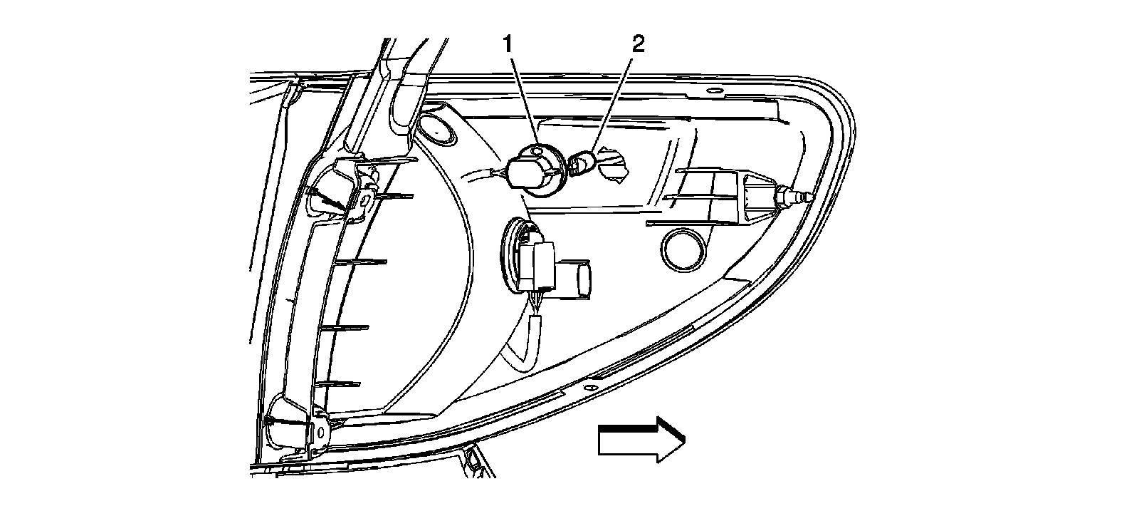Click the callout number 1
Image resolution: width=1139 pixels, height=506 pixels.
click(x=508, y=45)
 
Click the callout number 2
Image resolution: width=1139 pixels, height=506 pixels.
click(x=637, y=45)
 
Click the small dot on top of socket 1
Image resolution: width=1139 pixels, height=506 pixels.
click(x=537, y=151)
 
